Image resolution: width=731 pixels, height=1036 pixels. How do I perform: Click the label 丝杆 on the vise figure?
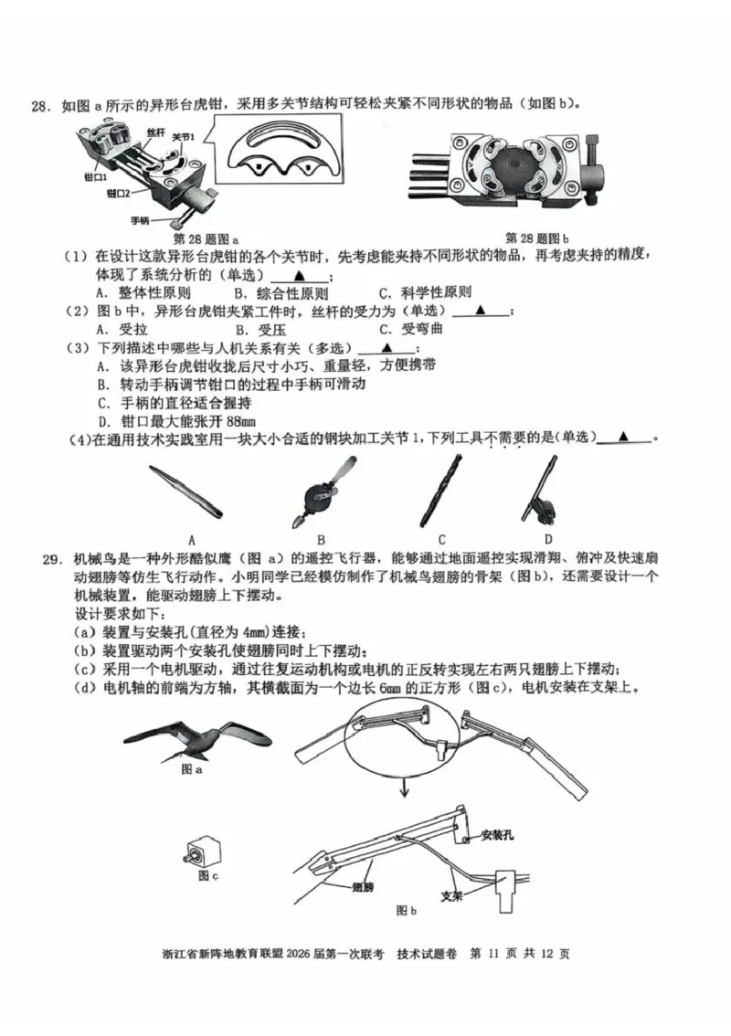pyautogui.click(x=154, y=132)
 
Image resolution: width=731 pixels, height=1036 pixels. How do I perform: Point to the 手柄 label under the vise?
pyautogui.click(x=141, y=220)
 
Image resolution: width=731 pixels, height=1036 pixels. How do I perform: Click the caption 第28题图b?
pyautogui.click(x=537, y=238)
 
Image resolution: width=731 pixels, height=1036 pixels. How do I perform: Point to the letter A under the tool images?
pyautogui.click(x=192, y=539)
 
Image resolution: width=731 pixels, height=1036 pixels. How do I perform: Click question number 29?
pyautogui.click(x=41, y=558)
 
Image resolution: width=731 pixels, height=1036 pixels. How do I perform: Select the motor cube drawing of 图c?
pyautogui.click(x=202, y=853)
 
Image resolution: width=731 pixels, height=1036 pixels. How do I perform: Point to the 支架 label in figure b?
pyautogui.click(x=451, y=895)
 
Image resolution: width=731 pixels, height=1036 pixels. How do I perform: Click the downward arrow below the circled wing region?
pyautogui.click(x=403, y=788)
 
